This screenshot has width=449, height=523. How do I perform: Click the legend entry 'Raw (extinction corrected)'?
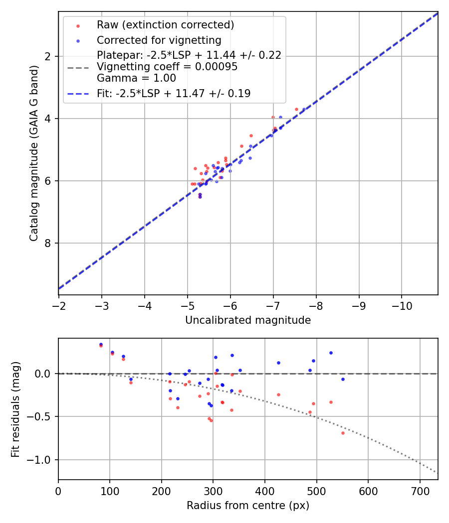pos(165,25)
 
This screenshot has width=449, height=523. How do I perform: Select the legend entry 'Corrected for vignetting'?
pos(159,40)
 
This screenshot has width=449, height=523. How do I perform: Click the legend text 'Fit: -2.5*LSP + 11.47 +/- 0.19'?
pos(173,93)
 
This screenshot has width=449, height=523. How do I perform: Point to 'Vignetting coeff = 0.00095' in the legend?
pos(167,67)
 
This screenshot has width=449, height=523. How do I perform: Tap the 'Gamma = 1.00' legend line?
pos(136,78)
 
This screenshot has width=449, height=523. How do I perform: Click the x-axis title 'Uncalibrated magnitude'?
pos(248,320)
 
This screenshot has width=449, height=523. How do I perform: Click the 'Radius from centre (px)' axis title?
pos(248,506)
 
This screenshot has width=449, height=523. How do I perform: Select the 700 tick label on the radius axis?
pos(420,491)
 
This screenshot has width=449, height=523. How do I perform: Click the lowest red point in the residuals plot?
pos(343,433)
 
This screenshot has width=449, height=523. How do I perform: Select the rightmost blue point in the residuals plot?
pos(343,379)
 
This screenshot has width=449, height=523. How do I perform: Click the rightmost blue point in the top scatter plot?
pos(304,109)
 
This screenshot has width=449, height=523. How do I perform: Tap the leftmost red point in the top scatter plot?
pos(192,184)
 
